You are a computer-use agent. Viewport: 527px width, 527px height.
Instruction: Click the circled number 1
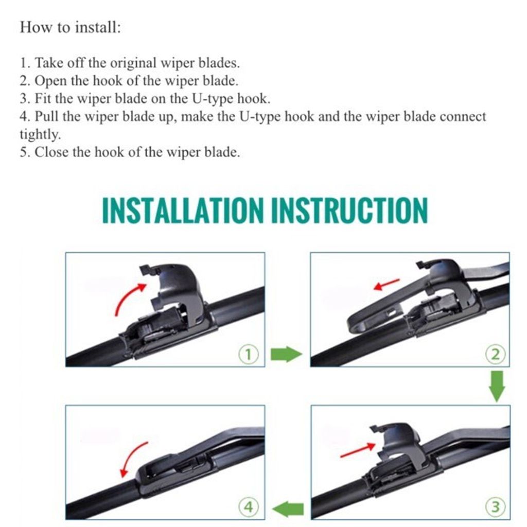click(249, 354)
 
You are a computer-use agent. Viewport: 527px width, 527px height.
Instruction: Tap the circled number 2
click(495, 354)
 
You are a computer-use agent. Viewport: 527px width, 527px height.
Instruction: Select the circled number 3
click(495, 507)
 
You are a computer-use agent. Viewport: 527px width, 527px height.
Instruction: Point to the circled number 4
click(249, 507)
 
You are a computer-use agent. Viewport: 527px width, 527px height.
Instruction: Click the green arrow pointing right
click(286, 354)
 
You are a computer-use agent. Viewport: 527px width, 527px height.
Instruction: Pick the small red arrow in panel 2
click(387, 284)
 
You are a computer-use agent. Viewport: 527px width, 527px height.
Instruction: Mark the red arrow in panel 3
click(358, 451)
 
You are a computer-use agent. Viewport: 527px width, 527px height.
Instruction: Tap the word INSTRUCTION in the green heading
click(349, 210)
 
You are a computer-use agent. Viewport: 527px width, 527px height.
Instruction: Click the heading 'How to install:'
click(70, 27)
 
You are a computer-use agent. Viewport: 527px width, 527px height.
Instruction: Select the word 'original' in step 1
click(135, 63)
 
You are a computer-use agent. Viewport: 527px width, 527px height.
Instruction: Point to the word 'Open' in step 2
click(49, 81)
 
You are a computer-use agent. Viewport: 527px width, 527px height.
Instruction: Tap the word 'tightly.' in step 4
click(40, 135)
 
